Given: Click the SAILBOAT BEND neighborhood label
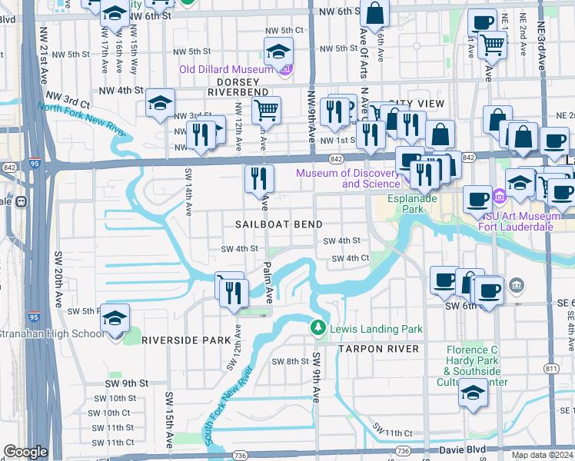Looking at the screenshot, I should pyautogui.click(x=277, y=222).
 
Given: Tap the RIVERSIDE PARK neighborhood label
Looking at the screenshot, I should pyautogui.click(x=196, y=340).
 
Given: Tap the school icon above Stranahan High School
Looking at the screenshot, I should pyautogui.click(x=115, y=317).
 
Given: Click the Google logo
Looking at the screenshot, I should pyautogui.click(x=25, y=452).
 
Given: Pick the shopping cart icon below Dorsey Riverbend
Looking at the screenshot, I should pyautogui.click(x=266, y=110).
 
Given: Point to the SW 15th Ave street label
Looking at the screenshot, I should pyautogui.click(x=169, y=410).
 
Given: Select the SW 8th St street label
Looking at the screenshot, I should pyautogui.click(x=290, y=361).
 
